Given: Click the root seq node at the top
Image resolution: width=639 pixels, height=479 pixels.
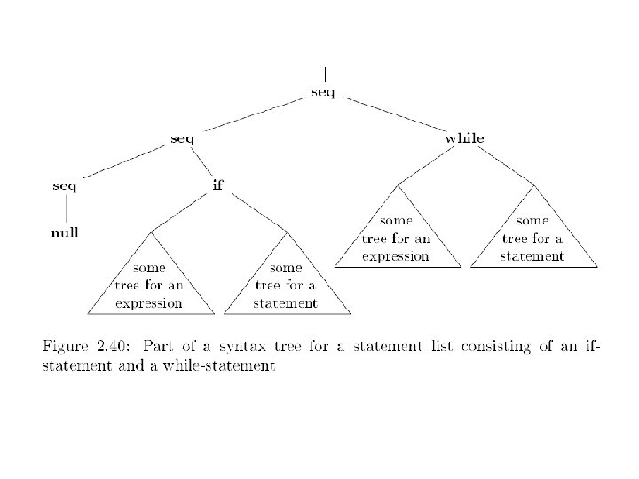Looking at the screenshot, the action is click(323, 92).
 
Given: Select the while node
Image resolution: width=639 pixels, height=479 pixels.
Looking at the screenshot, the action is click(464, 138).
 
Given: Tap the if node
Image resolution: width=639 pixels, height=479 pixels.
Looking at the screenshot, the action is click(217, 185).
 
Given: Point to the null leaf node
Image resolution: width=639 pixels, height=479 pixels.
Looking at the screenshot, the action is click(64, 232).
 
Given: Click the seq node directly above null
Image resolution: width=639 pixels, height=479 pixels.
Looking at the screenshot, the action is click(64, 185).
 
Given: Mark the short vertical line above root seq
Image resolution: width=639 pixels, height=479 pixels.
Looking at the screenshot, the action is click(325, 75).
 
